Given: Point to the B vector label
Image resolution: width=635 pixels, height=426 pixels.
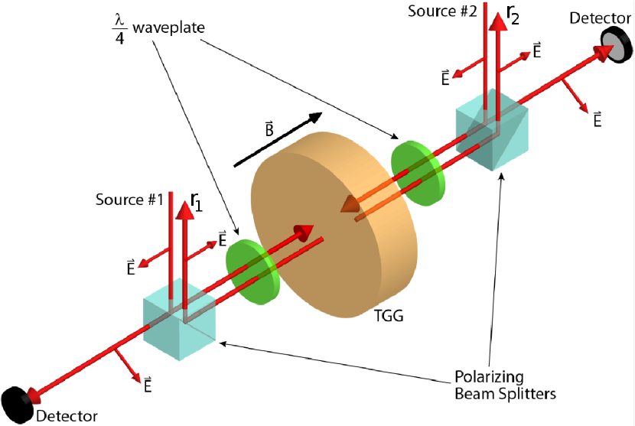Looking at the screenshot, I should [269, 128].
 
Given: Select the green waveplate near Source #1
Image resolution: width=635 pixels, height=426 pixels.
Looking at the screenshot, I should [252, 269].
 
